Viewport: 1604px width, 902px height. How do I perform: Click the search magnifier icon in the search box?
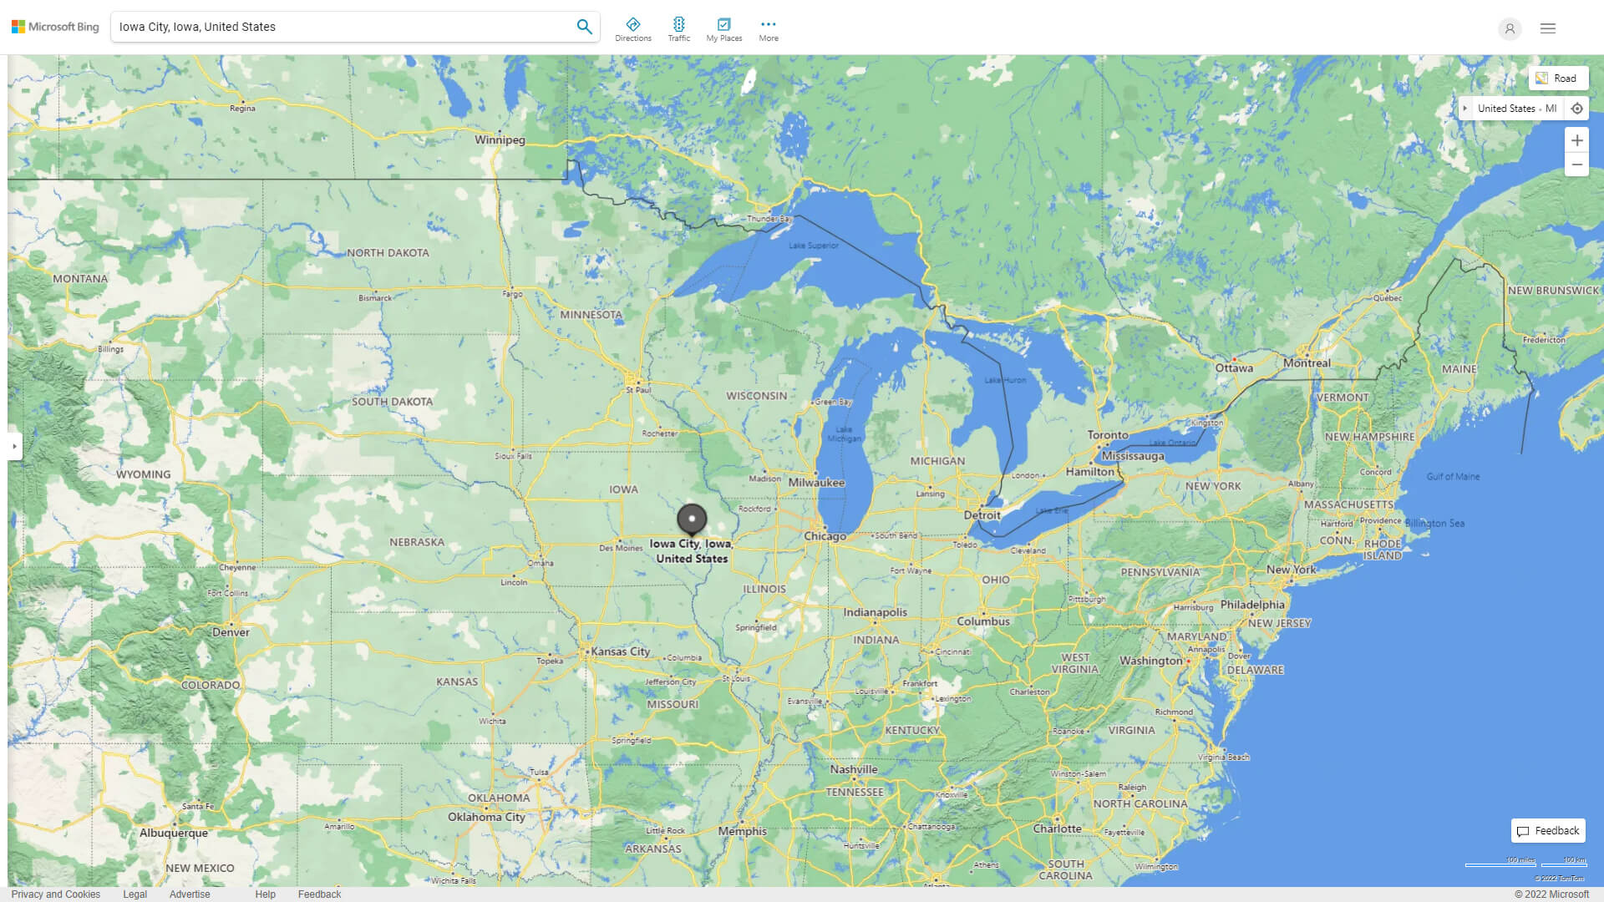tap(584, 27)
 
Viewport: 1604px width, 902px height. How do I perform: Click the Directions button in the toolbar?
tap(632, 29)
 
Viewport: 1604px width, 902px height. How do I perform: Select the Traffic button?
tap(678, 29)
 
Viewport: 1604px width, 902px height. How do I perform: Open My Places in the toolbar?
tap(723, 29)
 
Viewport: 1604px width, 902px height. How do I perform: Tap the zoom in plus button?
tap(1576, 140)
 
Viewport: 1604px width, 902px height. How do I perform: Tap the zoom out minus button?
tap(1576, 165)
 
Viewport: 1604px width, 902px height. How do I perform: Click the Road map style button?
tap(1558, 79)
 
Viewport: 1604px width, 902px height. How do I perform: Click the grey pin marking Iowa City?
tap(692, 519)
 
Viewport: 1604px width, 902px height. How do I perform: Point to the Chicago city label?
tap(825, 536)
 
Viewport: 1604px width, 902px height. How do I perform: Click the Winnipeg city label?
tap(500, 139)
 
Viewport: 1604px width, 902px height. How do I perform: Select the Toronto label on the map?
tap(1108, 435)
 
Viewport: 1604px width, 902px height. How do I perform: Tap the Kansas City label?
tap(620, 651)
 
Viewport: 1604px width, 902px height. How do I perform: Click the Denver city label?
tap(231, 632)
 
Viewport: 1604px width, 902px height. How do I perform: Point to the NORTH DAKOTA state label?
tap(388, 252)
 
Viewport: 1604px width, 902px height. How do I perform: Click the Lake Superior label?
tap(813, 246)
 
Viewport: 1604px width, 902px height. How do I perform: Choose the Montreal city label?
tap(1307, 363)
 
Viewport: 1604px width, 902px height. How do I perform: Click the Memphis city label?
tap(742, 831)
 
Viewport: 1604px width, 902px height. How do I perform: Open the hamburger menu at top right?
tap(1548, 28)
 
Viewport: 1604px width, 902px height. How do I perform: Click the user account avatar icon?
tap(1510, 28)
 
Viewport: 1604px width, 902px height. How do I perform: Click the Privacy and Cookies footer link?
tap(56, 894)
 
